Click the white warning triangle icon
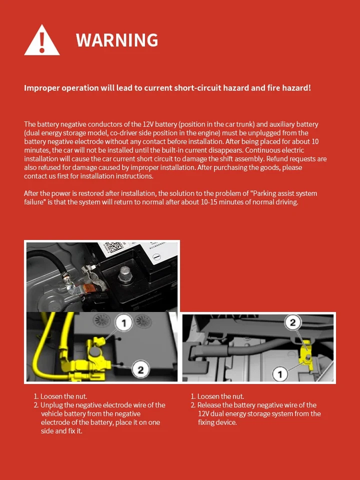coord(42,41)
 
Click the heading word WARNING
coord(117,40)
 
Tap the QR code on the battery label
coord(113,247)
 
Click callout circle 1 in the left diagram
coord(123,322)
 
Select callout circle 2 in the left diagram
coord(140,370)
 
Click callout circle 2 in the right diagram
coord(294,322)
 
